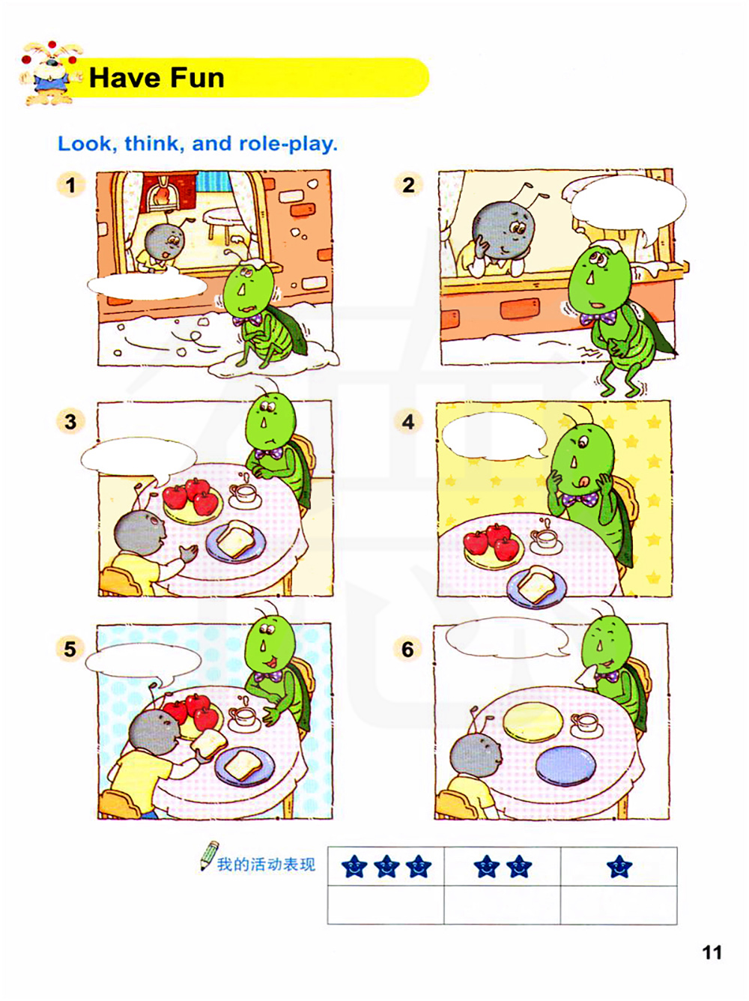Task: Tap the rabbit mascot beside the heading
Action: click(50, 73)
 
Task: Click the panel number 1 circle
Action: click(70, 185)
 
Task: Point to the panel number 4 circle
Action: click(408, 422)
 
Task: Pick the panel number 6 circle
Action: click(407, 649)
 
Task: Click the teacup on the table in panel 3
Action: click(245, 494)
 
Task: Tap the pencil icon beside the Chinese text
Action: click(209, 855)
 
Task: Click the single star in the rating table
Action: click(619, 866)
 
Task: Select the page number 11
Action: click(712, 952)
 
